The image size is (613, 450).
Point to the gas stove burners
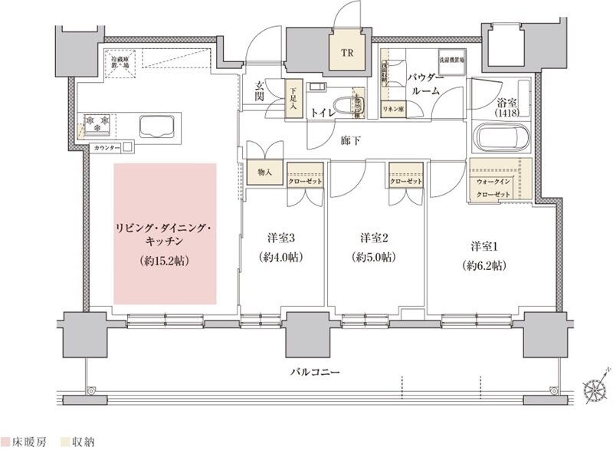(x=97, y=121)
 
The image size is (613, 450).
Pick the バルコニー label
(x=314, y=373)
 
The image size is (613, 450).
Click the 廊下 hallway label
(x=352, y=140)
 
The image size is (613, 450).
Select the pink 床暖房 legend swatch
(x=5, y=442)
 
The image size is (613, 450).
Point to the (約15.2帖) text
(x=166, y=261)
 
